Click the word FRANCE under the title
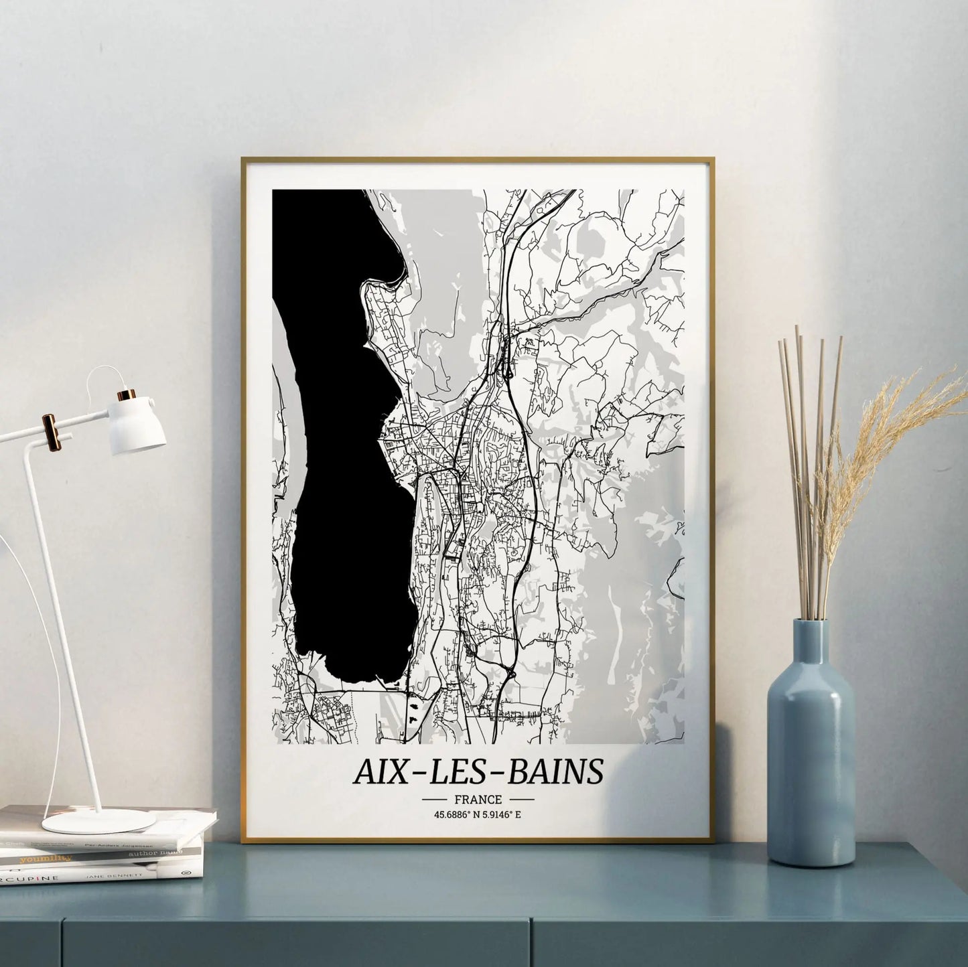[478, 799]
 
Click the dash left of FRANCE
[435, 799]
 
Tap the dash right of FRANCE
[521, 799]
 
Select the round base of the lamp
[98, 821]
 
